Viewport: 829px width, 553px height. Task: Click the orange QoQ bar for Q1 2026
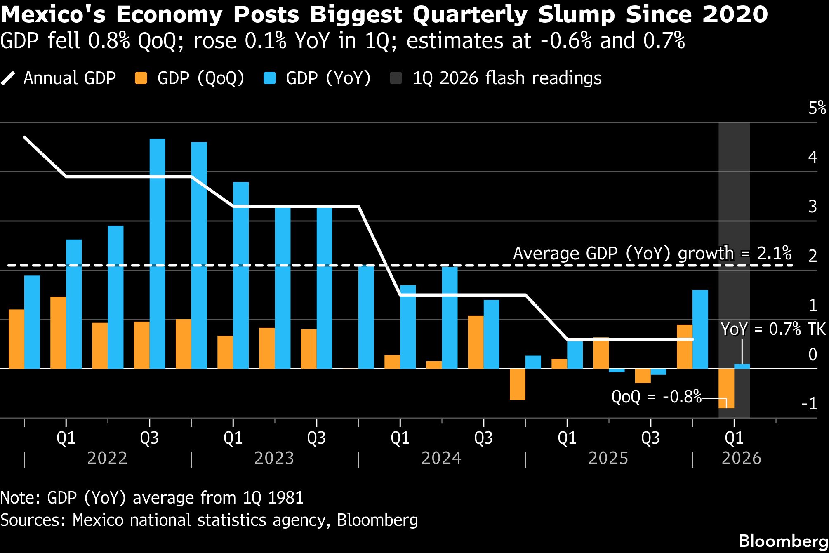click(x=726, y=388)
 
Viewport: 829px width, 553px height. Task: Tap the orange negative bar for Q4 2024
click(x=517, y=384)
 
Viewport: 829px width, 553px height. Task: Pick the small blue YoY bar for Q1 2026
click(x=742, y=366)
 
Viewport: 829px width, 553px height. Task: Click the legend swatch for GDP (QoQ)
click(x=141, y=78)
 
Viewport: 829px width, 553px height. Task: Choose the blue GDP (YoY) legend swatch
click(x=270, y=78)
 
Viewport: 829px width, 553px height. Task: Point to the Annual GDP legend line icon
click(x=8, y=78)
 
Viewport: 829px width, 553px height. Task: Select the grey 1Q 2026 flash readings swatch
click(x=396, y=78)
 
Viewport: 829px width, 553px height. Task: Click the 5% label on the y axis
click(x=817, y=108)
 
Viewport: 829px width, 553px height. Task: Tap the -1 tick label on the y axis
click(x=809, y=404)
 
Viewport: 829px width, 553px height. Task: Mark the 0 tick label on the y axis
click(x=813, y=355)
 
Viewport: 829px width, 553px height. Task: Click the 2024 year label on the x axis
click(x=441, y=458)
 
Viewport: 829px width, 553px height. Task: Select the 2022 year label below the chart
click(x=107, y=458)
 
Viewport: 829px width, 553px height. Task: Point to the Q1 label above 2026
click(x=734, y=438)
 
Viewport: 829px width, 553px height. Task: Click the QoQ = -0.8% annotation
click(x=656, y=397)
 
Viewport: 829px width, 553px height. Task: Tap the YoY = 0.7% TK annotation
click(x=773, y=329)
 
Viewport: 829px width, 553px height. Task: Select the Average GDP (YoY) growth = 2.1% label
click(x=652, y=253)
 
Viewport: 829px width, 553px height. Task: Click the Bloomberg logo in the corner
click(x=784, y=541)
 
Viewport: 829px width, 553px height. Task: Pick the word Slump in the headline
click(x=576, y=15)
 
